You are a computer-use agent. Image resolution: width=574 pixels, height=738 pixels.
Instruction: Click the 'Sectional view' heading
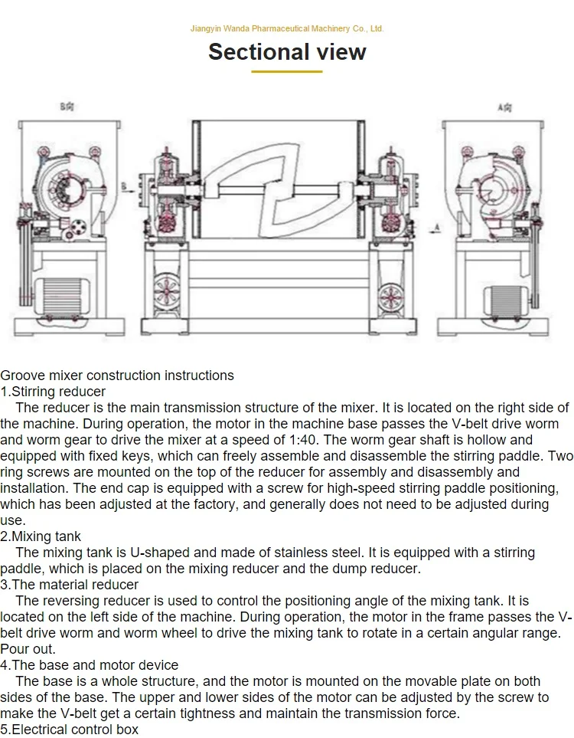point(287,52)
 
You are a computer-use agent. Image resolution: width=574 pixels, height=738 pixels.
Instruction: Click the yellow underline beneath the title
point(287,71)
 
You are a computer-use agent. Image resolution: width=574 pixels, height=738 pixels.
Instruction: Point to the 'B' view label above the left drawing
point(67,108)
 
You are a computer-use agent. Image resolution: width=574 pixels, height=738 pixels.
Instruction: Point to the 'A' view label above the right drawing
point(504,108)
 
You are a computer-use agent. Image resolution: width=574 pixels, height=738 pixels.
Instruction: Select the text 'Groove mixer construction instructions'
point(117,376)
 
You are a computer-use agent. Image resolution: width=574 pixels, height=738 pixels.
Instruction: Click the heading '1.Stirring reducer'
point(53,392)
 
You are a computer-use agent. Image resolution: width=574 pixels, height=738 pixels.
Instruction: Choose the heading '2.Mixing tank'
point(41,536)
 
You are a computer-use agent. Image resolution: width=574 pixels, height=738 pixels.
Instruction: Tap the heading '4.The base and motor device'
point(89,665)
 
